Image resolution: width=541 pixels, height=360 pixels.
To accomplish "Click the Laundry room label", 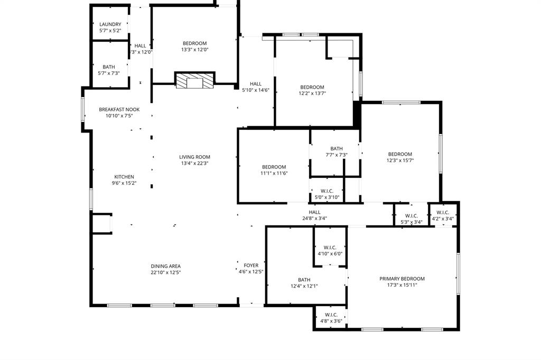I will pyautogui.click(x=110, y=24).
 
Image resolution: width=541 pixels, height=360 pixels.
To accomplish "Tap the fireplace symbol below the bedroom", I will pyautogui.click(x=195, y=81).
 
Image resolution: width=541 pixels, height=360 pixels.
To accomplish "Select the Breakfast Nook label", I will pyautogui.click(x=119, y=109).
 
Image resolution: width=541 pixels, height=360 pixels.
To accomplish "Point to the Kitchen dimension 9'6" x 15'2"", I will pyautogui.click(x=124, y=183).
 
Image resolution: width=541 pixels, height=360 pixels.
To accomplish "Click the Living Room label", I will pyautogui.click(x=194, y=157).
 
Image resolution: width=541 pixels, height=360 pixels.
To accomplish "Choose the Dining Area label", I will pyautogui.click(x=166, y=266).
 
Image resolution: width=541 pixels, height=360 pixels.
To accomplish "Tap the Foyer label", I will pyautogui.click(x=251, y=266).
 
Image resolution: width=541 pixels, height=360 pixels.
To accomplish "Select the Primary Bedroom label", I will pyautogui.click(x=402, y=279).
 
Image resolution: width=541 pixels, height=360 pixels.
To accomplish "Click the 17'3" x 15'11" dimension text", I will pyautogui.click(x=402, y=286).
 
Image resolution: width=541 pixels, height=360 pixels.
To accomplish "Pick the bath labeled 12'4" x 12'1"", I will pyautogui.click(x=304, y=283).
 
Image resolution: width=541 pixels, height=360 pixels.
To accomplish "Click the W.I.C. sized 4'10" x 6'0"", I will pyautogui.click(x=330, y=250).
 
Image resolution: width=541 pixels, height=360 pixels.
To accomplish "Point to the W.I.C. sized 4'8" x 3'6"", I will pyautogui.click(x=331, y=318).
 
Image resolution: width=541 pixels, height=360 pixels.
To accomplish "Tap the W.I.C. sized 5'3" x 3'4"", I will pyautogui.click(x=412, y=219).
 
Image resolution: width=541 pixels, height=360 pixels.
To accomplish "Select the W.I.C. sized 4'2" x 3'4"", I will pyautogui.click(x=443, y=215).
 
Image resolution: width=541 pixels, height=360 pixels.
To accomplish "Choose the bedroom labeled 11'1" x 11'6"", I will pyautogui.click(x=274, y=170).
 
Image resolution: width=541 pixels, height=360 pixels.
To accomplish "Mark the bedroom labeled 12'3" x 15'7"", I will pyautogui.click(x=399, y=157).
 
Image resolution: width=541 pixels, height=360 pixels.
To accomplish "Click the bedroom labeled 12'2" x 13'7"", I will pyautogui.click(x=312, y=90).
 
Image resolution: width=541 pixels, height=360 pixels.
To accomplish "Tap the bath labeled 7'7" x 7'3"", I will pyautogui.click(x=337, y=151).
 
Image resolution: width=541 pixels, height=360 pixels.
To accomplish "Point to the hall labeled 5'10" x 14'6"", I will pyautogui.click(x=256, y=87).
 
